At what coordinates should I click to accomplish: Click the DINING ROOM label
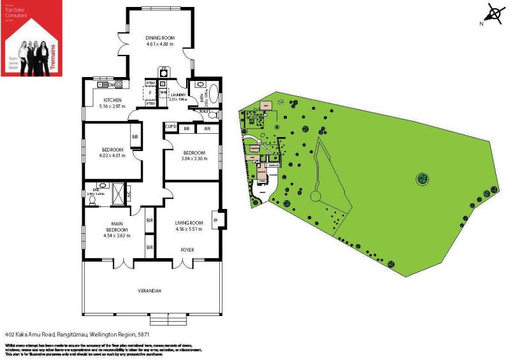[160, 38]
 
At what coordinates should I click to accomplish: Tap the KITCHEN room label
[112, 100]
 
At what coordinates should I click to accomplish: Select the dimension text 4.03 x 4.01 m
[111, 155]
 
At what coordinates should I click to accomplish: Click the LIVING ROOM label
[188, 222]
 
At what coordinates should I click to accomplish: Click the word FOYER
[187, 250]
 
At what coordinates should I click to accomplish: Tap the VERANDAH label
[150, 291]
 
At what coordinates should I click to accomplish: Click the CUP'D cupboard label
[170, 127]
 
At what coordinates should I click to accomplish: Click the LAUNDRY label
[178, 95]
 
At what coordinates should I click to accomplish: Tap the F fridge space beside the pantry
[150, 93]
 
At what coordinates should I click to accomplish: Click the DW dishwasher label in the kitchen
[112, 84]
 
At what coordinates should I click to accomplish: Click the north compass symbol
[492, 14]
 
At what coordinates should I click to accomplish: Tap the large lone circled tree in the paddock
[421, 178]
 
